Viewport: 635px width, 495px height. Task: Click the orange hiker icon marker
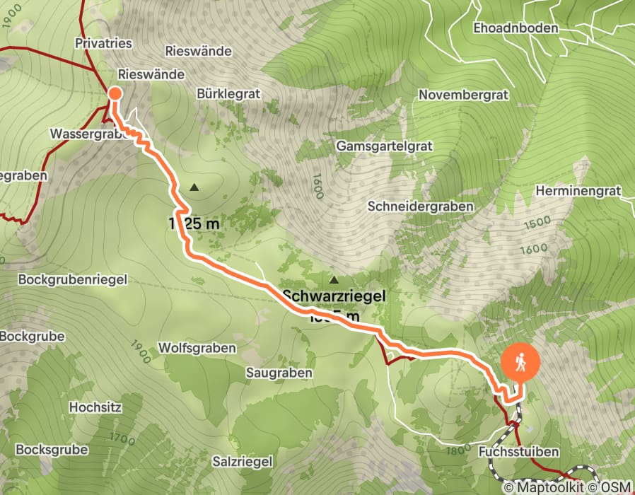(520, 363)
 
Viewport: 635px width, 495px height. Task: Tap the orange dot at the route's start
(115, 94)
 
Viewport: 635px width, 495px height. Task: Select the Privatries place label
(103, 44)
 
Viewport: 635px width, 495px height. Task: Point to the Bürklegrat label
(229, 93)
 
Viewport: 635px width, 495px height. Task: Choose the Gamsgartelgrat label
(383, 145)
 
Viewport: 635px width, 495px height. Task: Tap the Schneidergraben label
(420, 206)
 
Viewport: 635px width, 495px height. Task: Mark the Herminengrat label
(578, 191)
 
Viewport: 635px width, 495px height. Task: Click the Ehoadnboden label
(516, 28)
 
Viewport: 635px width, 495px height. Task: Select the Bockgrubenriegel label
(64, 279)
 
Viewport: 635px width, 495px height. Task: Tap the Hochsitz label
(96, 407)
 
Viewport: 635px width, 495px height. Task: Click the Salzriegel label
(243, 461)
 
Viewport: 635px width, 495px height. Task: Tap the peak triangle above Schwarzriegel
(333, 280)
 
